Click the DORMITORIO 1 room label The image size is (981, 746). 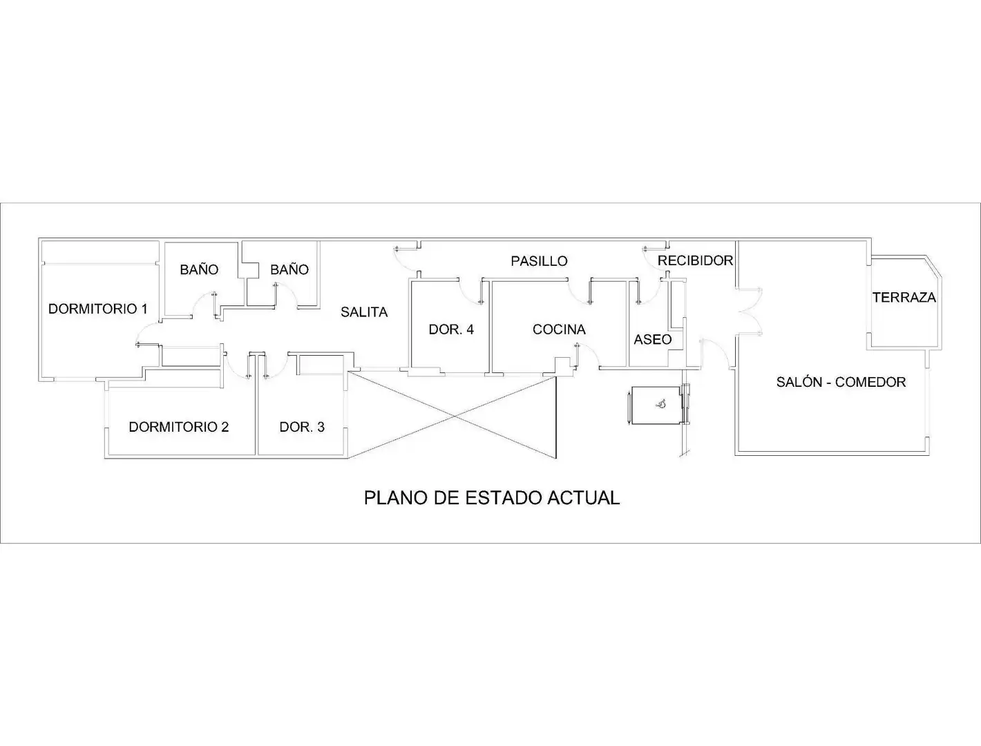(x=98, y=309)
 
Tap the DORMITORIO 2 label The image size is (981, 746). (x=179, y=427)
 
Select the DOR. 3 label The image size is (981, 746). (x=302, y=427)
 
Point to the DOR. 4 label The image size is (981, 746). (x=451, y=329)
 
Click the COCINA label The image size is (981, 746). (x=559, y=329)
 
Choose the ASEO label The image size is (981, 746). (x=653, y=339)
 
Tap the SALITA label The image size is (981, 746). (x=364, y=312)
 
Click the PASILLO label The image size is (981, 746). (x=539, y=261)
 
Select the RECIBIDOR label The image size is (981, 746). (x=695, y=260)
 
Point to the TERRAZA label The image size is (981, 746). (x=904, y=298)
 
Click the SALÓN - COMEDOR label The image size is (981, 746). (x=841, y=382)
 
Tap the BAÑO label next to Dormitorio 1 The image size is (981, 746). (x=199, y=269)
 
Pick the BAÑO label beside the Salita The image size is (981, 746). (x=289, y=269)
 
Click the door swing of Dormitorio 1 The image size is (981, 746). (x=147, y=334)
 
